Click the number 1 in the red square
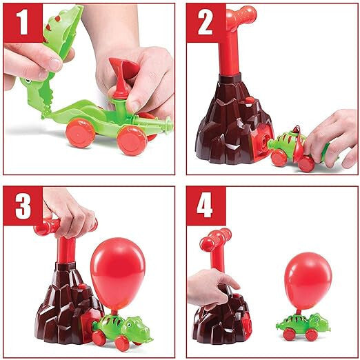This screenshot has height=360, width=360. point(23,23)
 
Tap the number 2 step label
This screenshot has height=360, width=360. point(206,23)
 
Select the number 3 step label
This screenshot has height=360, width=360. point(23,206)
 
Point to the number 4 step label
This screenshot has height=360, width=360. point(205,206)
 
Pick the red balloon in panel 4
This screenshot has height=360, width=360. point(308,281)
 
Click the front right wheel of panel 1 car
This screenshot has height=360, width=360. point(131,140)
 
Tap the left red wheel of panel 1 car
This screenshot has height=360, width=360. point(80,132)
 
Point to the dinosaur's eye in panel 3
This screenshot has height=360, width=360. point(129,325)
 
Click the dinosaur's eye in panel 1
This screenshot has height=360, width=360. point(28,81)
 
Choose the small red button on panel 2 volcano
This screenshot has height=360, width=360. point(249,101)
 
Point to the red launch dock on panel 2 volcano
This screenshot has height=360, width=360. point(262,143)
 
